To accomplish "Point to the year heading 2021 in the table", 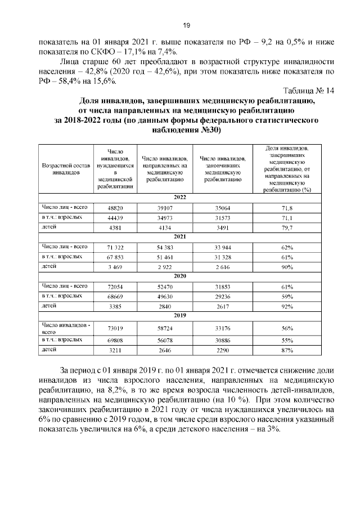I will (180, 237).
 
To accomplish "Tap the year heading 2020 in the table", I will (180, 277).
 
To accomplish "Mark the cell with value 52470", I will (166, 287).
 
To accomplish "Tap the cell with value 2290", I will (219, 350).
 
